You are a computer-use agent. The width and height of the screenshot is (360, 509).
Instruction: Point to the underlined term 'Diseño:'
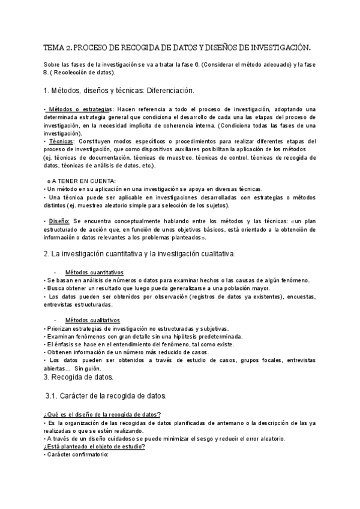58,220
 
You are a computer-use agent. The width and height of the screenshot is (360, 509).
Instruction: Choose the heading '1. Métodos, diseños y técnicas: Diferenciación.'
119,91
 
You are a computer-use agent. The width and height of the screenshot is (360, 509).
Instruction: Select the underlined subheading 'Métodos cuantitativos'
94,271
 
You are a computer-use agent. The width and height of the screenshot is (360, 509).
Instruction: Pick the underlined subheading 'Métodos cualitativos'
92,320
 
